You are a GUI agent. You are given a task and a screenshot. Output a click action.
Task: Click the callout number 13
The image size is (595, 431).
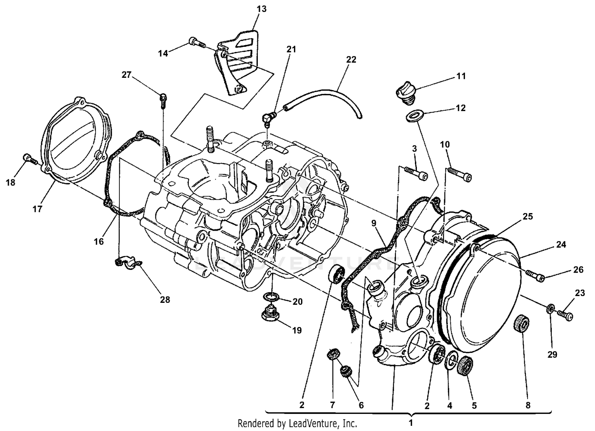(x=261, y=9)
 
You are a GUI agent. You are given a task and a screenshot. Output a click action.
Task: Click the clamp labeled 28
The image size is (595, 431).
(x=125, y=263)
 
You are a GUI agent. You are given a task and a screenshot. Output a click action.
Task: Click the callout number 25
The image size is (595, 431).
(x=528, y=217)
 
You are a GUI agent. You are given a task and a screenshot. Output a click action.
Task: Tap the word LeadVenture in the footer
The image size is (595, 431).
(x=318, y=423)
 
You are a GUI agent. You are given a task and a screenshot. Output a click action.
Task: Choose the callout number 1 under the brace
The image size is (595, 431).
(x=411, y=422)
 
